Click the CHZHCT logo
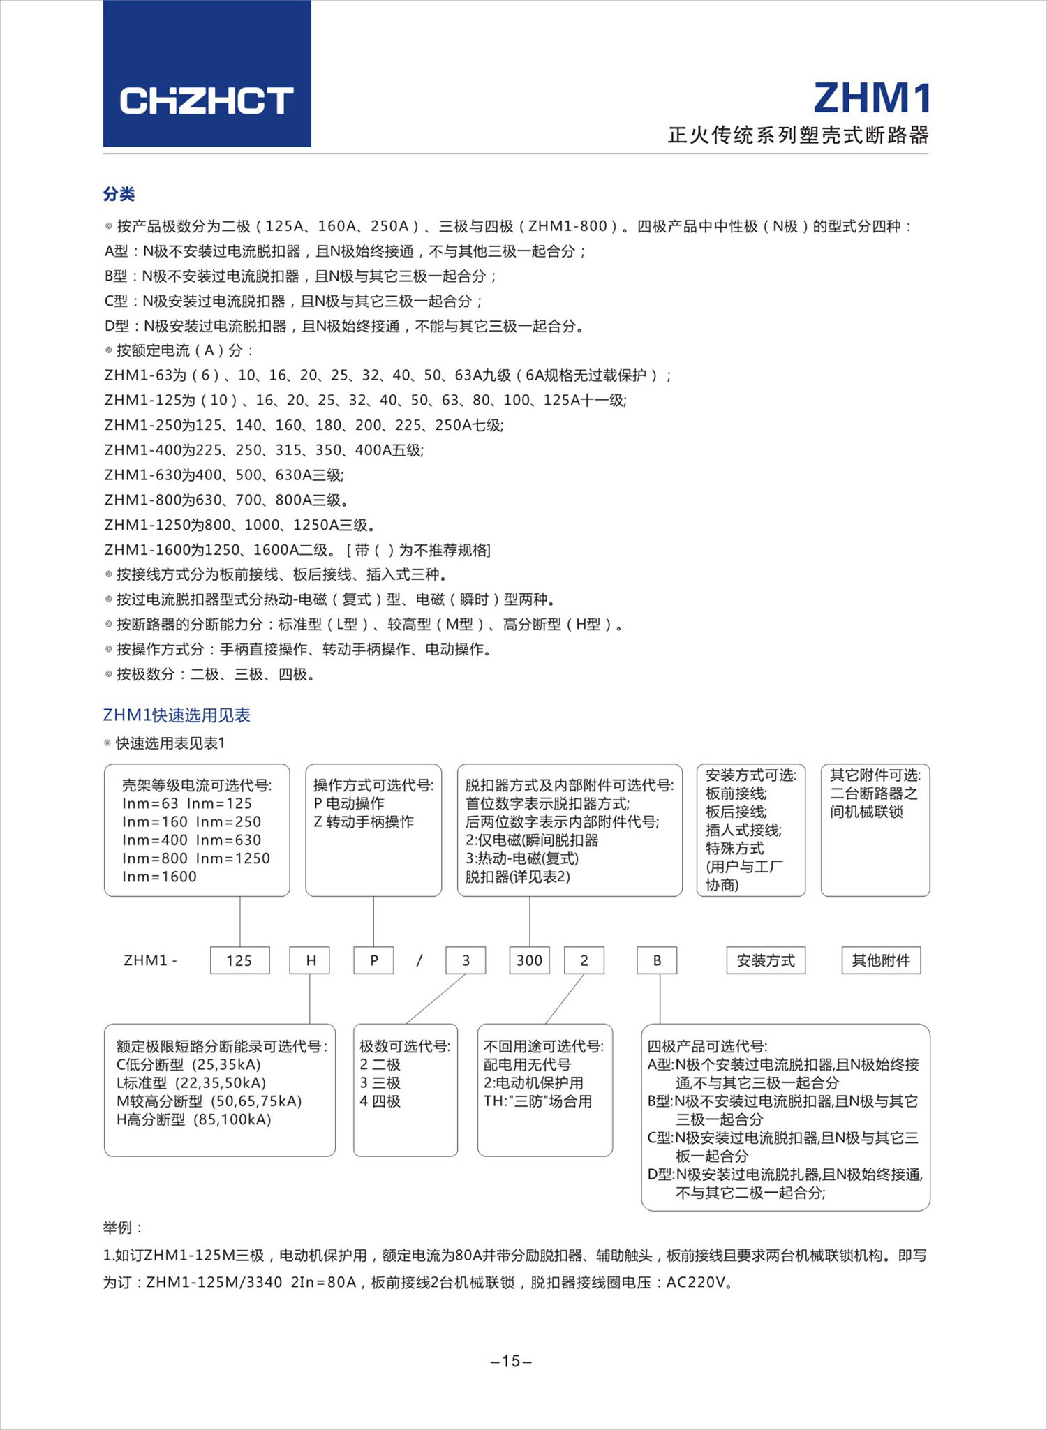point(207,101)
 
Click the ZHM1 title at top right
point(872,98)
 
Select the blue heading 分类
point(119,194)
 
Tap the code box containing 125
point(239,960)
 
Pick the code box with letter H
point(311,960)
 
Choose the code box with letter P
point(373,960)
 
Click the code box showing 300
point(529,960)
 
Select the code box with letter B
point(657,960)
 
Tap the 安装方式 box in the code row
point(766,960)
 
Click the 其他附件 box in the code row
point(881,960)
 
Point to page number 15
point(512,1361)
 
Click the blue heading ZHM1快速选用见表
point(177,715)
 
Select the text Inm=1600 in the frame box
point(159,877)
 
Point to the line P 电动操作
point(349,803)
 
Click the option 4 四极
point(380,1101)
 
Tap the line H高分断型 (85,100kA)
point(194,1119)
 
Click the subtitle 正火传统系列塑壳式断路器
point(798,135)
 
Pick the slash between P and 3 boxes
point(419,960)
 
